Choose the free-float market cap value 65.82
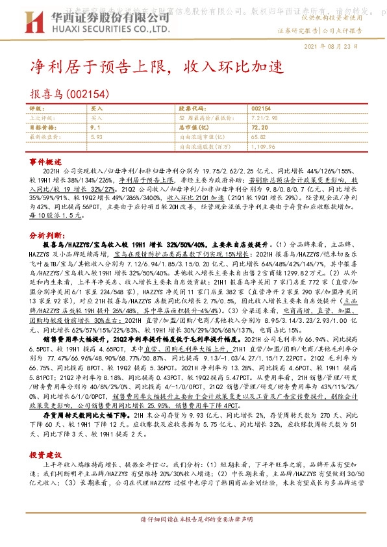258,138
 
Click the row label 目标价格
42,128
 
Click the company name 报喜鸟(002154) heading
66,94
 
